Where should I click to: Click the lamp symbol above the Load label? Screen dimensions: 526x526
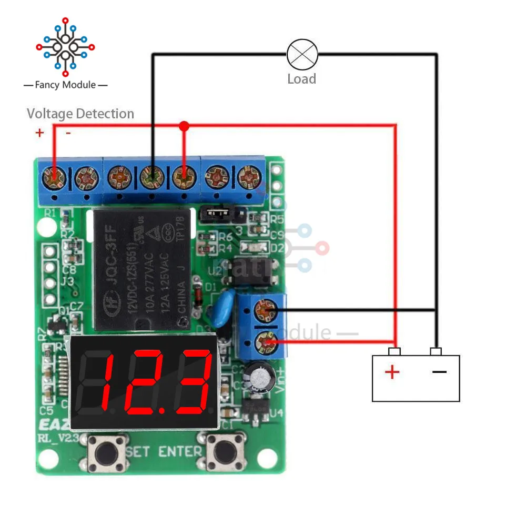302,54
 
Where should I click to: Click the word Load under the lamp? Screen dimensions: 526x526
301,79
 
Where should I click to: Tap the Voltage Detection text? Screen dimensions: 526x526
80,114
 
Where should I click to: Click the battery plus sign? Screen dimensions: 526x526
392,372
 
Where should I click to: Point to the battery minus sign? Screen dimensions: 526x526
439,372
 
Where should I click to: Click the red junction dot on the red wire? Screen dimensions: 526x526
184,126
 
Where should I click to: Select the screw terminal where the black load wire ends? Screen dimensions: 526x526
151,177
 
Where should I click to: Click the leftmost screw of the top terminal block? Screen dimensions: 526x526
54,177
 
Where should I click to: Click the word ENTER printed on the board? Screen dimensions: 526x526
180,451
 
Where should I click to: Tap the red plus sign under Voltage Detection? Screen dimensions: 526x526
39,133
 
